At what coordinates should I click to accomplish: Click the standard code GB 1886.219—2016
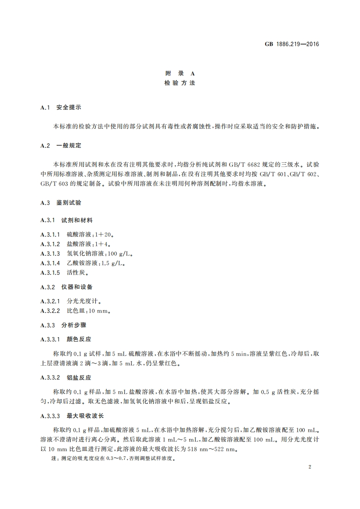click(292, 44)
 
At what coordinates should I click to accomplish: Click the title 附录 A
click(179, 74)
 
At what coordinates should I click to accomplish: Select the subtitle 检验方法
click(179, 83)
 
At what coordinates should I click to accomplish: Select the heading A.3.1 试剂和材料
click(66, 220)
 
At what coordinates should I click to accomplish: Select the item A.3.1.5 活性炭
click(64, 273)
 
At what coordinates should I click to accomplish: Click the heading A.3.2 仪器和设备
click(66, 287)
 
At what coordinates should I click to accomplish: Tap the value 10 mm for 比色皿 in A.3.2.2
click(98, 311)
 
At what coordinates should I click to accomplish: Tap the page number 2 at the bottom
click(309, 466)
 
